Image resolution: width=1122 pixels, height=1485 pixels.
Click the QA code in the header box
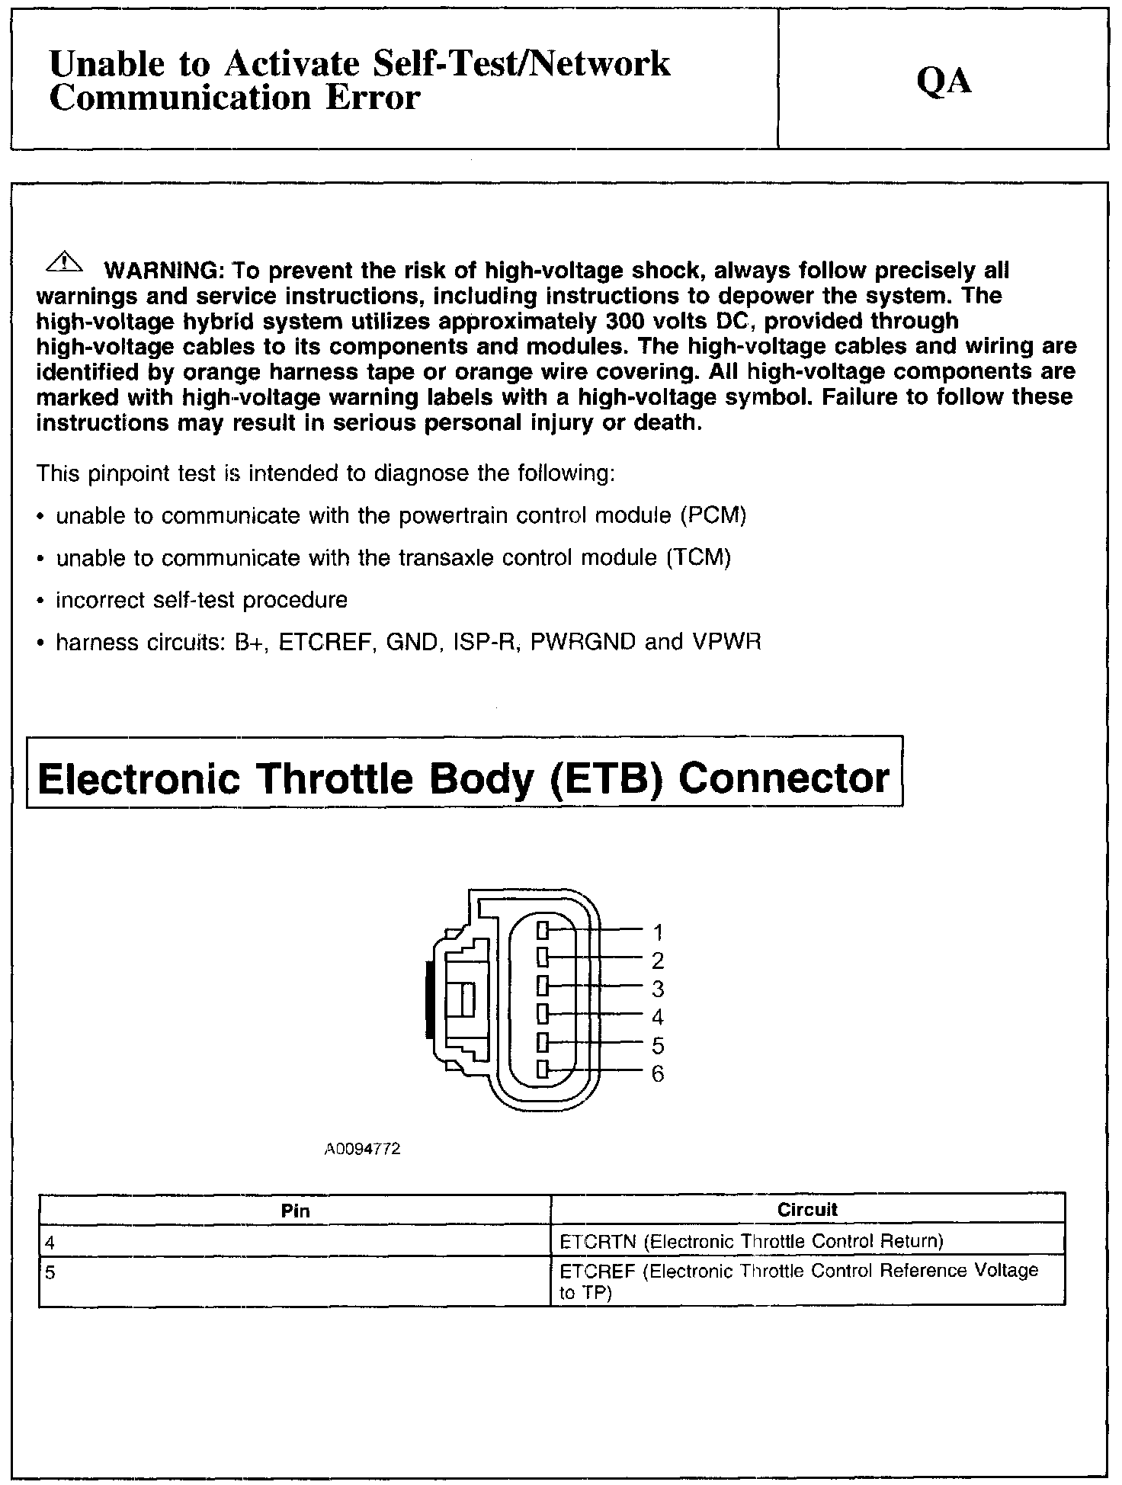pyautogui.click(x=944, y=81)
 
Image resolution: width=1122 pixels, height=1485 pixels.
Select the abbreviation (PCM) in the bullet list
pyautogui.click(x=713, y=515)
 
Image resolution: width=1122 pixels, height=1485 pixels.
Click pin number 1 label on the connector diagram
pyautogui.click(x=658, y=932)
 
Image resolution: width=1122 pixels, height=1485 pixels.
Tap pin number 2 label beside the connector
pyautogui.click(x=658, y=960)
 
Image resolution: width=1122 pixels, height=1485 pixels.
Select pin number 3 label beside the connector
pyautogui.click(x=658, y=989)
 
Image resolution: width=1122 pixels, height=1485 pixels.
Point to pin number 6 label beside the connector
pyautogui.click(x=658, y=1074)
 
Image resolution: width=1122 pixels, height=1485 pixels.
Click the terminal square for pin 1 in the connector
pyautogui.click(x=543, y=930)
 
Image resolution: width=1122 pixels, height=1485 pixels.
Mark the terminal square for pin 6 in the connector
pyautogui.click(x=543, y=1070)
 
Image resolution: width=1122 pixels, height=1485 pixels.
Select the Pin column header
pyautogui.click(x=295, y=1210)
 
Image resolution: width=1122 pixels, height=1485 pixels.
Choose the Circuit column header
pyautogui.click(x=807, y=1209)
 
